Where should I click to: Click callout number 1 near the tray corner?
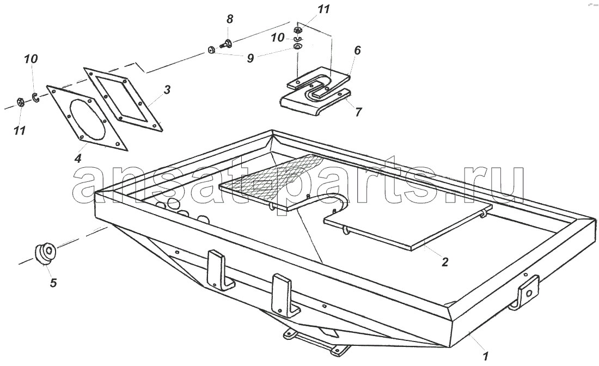[x=486, y=356]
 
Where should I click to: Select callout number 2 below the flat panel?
[x=445, y=262]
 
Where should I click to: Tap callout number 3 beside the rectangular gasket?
[x=167, y=90]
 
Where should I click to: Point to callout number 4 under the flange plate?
[x=78, y=158]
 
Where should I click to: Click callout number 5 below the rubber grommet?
[x=53, y=283]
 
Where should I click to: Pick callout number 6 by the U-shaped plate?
[x=358, y=50]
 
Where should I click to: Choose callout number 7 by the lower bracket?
[x=358, y=112]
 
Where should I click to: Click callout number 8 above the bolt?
[x=230, y=19]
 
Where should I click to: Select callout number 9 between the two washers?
[x=250, y=58]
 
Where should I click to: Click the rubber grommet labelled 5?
[x=46, y=253]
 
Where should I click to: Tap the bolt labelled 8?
[x=226, y=45]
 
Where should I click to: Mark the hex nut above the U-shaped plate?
[x=298, y=29]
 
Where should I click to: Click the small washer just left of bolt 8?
[x=211, y=50]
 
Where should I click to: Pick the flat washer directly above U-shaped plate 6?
[x=298, y=47]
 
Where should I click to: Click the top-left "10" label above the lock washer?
[x=31, y=59]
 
